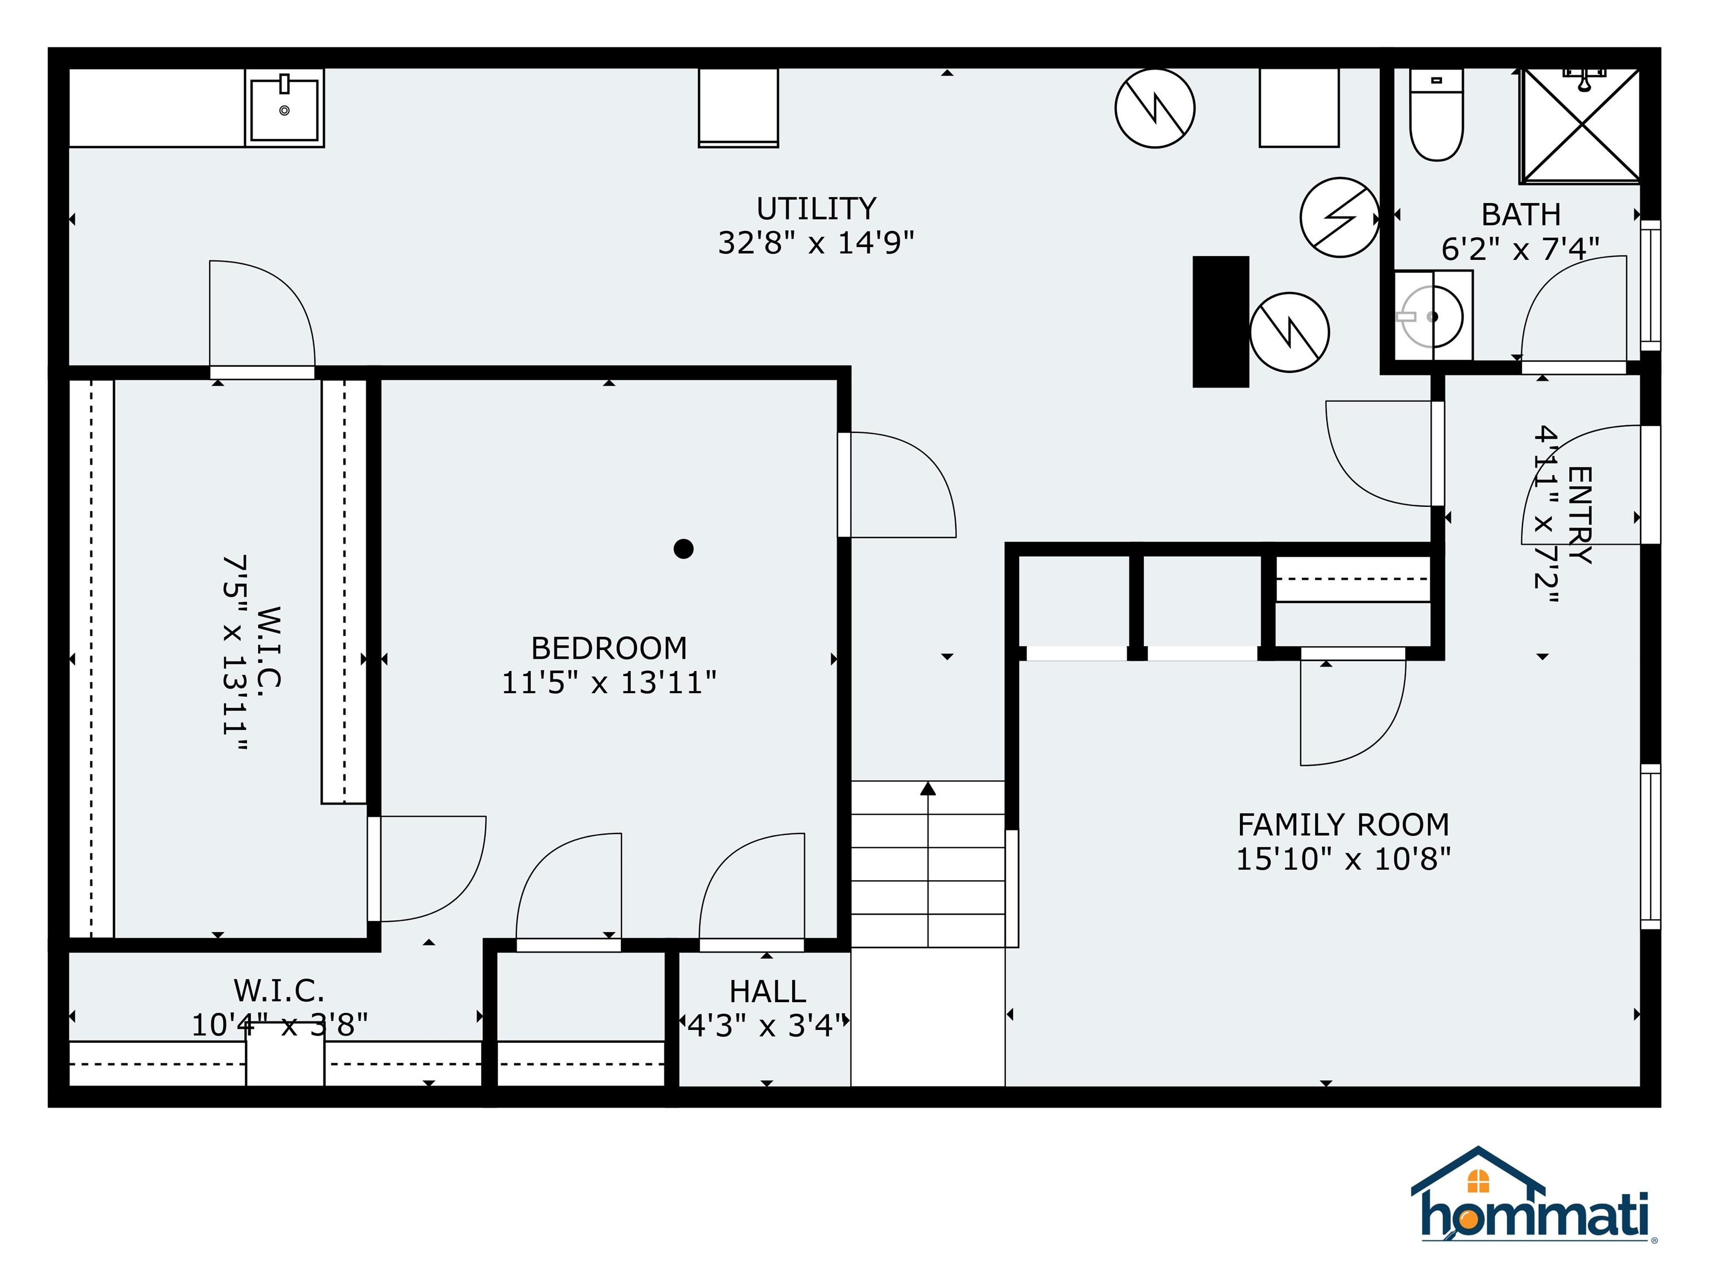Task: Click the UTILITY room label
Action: (816, 209)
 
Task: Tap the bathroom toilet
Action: (1436, 116)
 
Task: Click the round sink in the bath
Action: (1431, 317)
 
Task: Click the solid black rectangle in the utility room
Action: (1220, 322)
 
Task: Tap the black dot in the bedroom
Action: (683, 549)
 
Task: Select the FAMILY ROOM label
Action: (1343, 825)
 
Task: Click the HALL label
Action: (767, 992)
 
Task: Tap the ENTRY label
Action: (1579, 514)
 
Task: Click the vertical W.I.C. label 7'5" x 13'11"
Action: (236, 653)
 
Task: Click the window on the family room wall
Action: (1649, 847)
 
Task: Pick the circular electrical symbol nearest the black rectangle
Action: (1288, 332)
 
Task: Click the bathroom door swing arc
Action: (1568, 305)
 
